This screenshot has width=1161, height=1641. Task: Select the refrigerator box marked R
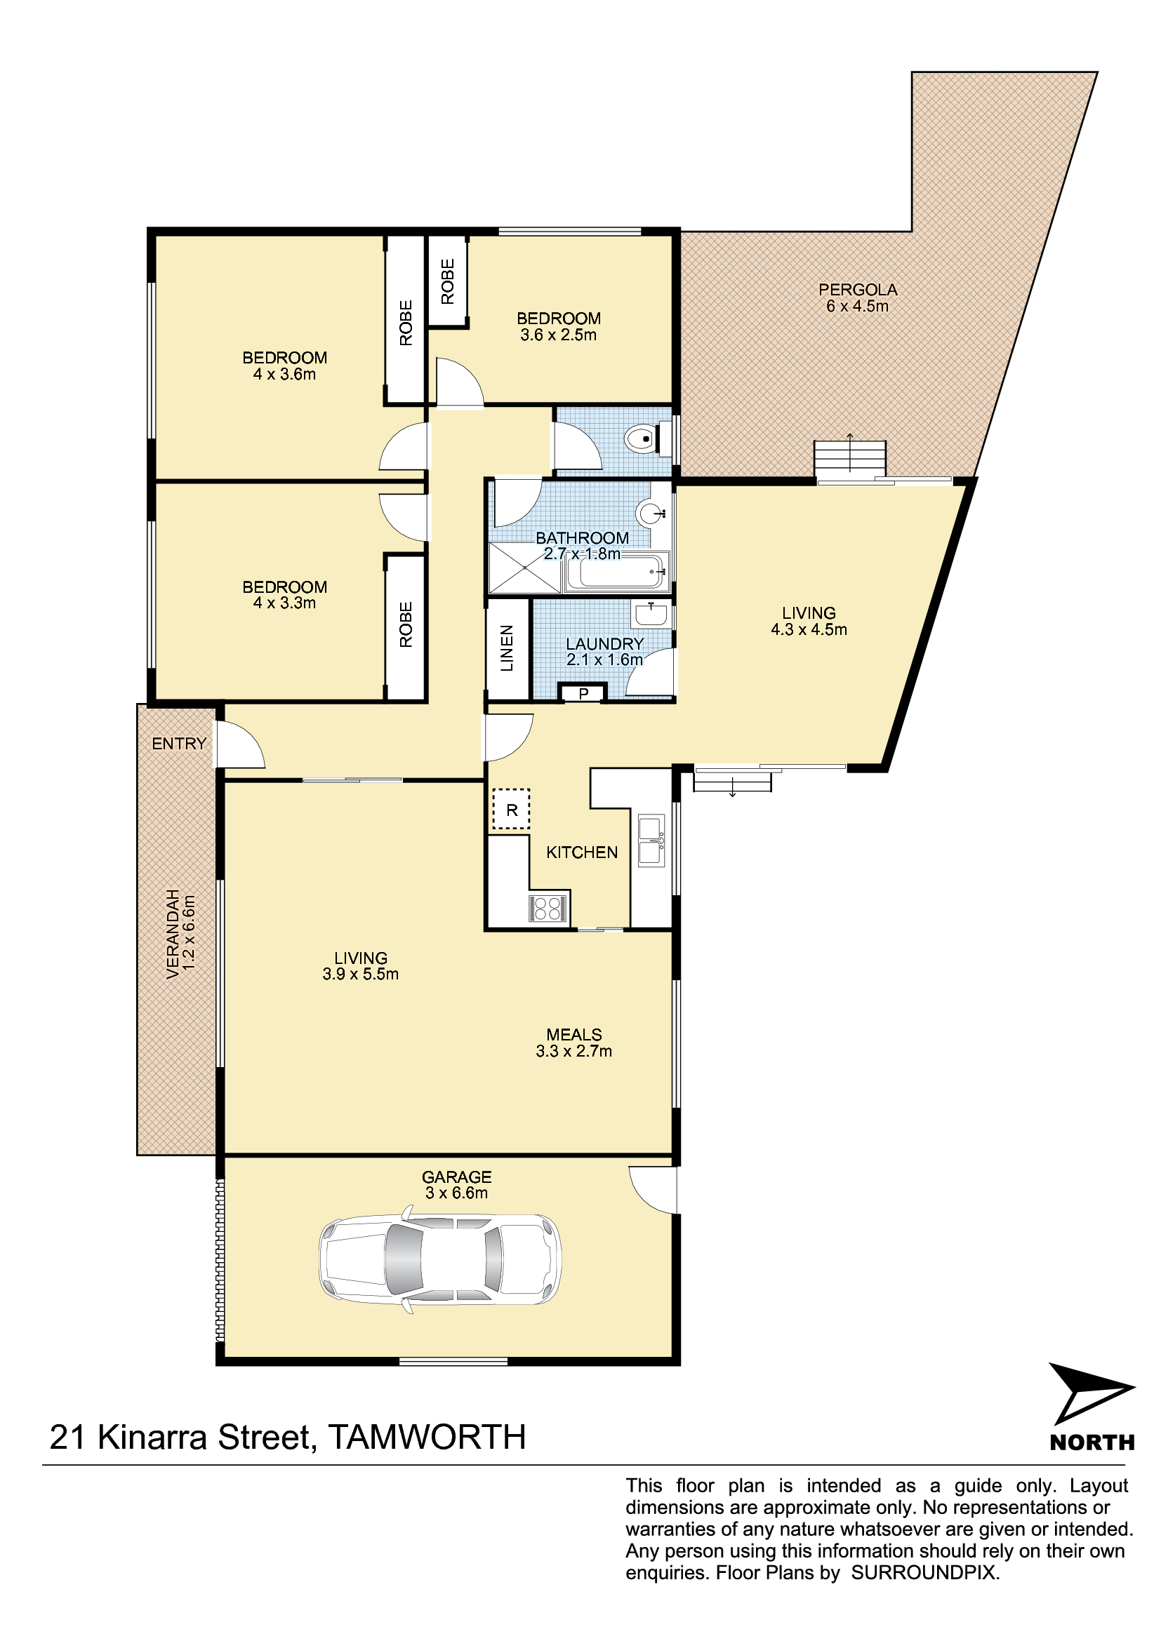(511, 810)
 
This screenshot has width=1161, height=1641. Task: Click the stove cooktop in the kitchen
(548, 909)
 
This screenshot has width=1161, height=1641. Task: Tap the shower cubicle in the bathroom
(524, 568)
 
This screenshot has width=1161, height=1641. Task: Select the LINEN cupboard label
(507, 648)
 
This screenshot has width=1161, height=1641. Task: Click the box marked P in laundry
(583, 693)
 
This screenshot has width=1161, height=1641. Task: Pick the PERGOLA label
(857, 290)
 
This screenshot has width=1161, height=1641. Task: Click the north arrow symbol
(1091, 1394)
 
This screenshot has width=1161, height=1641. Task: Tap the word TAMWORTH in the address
(427, 1438)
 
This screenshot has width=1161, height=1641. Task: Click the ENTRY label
(179, 743)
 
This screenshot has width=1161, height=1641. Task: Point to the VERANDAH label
(172, 934)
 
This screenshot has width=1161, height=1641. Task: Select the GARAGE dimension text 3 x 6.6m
(456, 1193)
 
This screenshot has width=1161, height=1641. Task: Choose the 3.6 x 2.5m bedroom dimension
(558, 335)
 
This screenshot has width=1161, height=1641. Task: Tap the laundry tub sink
(651, 613)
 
